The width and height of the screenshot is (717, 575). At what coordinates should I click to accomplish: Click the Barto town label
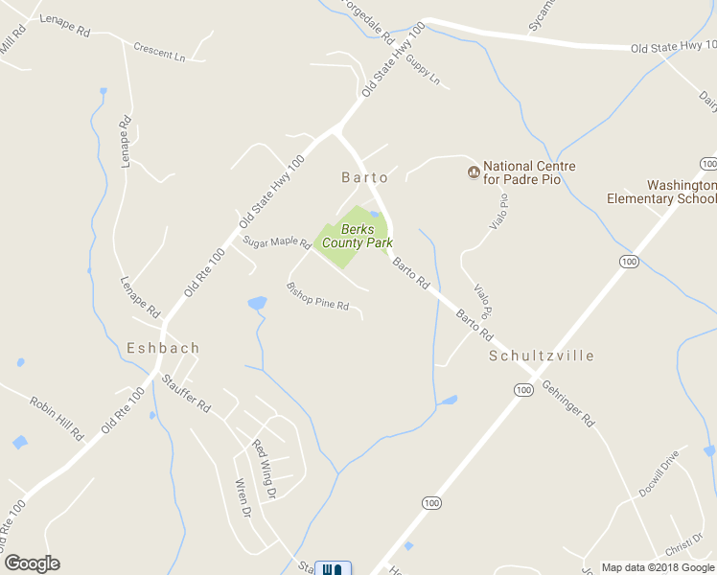tap(365, 177)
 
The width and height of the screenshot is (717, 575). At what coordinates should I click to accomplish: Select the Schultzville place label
tap(542, 356)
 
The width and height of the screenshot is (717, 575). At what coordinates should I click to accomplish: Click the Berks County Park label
tap(356, 236)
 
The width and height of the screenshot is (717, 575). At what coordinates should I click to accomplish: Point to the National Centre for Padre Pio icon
tap(473, 172)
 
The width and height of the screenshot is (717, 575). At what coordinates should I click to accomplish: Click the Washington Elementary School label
tap(661, 192)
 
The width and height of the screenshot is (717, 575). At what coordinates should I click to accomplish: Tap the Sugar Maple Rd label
tap(276, 243)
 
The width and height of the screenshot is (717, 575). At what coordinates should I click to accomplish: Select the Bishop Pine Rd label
tap(318, 298)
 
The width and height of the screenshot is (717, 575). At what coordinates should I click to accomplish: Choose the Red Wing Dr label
tap(264, 469)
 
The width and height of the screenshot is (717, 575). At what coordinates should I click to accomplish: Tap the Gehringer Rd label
tap(568, 403)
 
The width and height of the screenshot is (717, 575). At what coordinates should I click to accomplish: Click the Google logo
tap(32, 563)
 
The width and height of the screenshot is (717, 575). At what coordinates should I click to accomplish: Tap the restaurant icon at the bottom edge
tap(333, 568)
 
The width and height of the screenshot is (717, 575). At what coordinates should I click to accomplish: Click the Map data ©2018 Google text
tap(658, 567)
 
